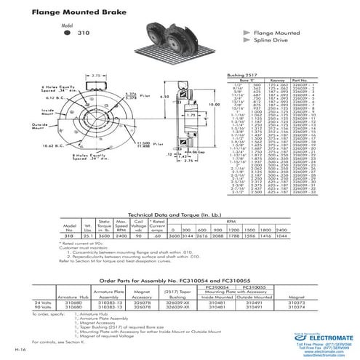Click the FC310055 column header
pyautogui.click(x=265, y=287)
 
